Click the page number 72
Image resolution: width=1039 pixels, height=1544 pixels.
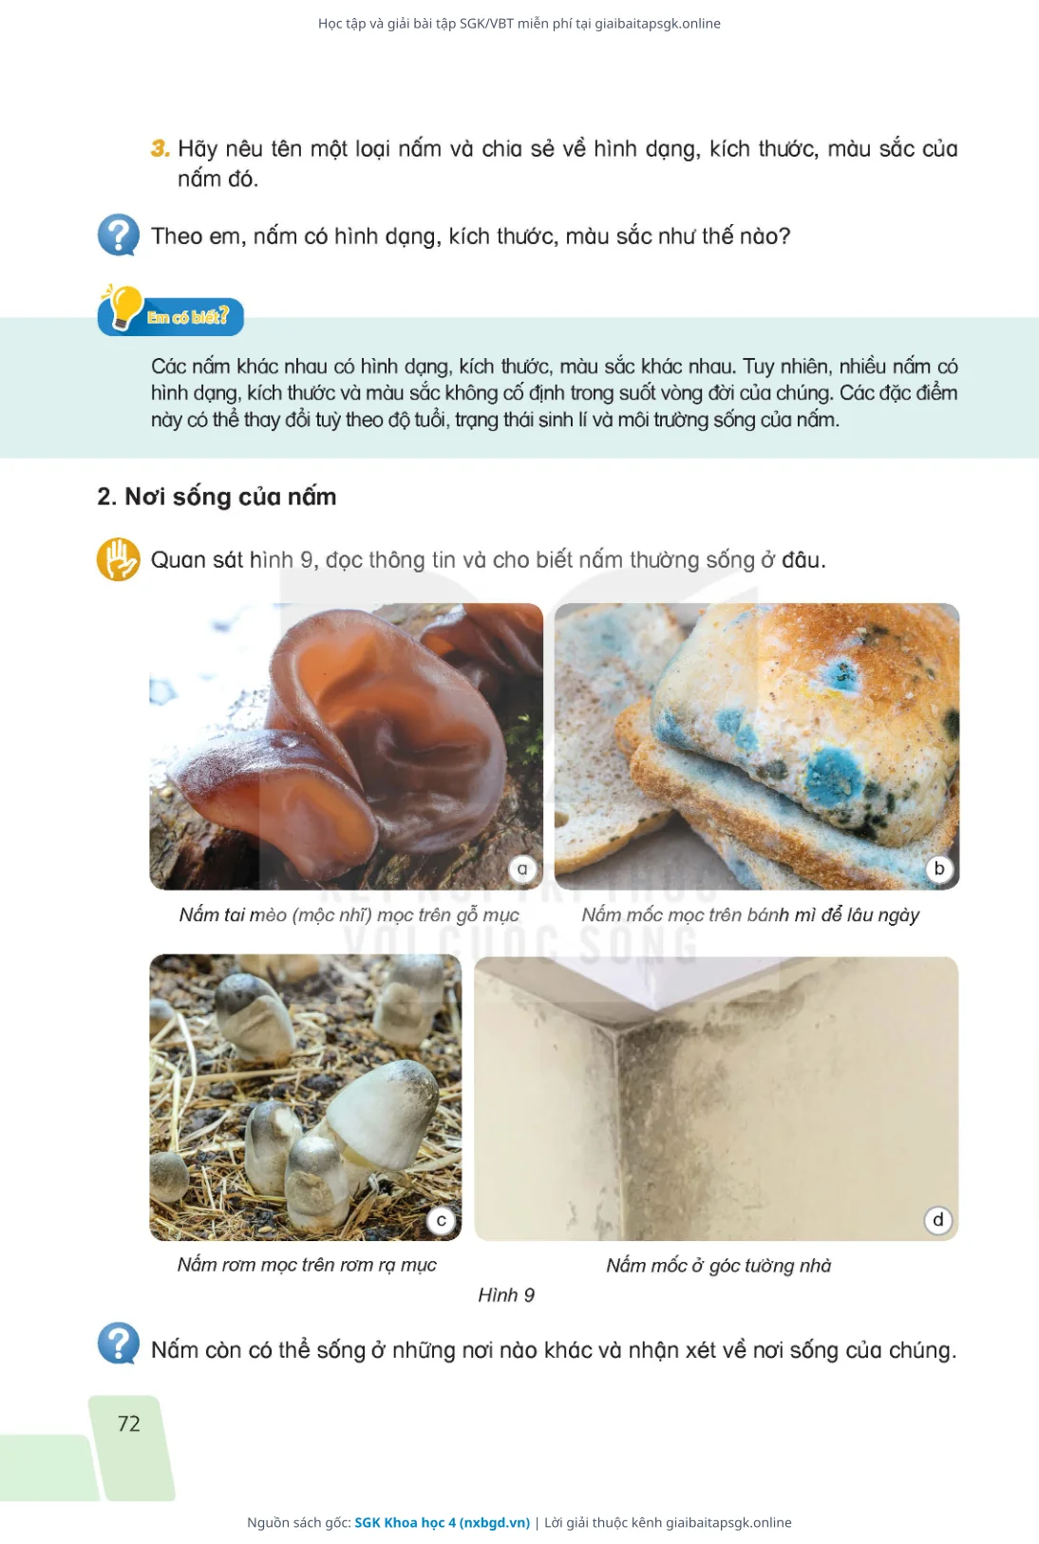129,1423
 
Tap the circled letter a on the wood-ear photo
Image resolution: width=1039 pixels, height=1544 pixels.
522,869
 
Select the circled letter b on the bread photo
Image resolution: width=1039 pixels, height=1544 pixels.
938,869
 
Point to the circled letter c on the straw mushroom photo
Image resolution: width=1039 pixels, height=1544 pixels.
442,1221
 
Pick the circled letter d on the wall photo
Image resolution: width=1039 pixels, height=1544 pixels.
937,1220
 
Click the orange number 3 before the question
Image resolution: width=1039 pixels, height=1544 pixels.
160,148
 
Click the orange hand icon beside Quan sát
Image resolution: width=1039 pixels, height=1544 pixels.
118,559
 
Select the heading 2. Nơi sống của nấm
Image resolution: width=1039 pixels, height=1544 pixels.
217,497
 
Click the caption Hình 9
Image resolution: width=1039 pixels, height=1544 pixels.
506,1295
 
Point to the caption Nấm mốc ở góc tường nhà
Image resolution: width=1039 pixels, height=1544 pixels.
718,1266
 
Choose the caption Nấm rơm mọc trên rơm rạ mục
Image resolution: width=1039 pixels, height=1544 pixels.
307,1265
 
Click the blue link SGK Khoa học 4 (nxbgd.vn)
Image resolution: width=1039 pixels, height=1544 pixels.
442,1522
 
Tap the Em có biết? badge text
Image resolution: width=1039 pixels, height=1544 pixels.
187,317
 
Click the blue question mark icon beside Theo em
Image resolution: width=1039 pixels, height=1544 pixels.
119,235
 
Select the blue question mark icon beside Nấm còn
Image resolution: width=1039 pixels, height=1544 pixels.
119,1344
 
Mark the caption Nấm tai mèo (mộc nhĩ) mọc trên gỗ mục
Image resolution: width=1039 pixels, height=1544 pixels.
349,914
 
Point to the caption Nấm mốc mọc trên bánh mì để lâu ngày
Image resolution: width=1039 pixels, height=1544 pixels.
750,914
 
